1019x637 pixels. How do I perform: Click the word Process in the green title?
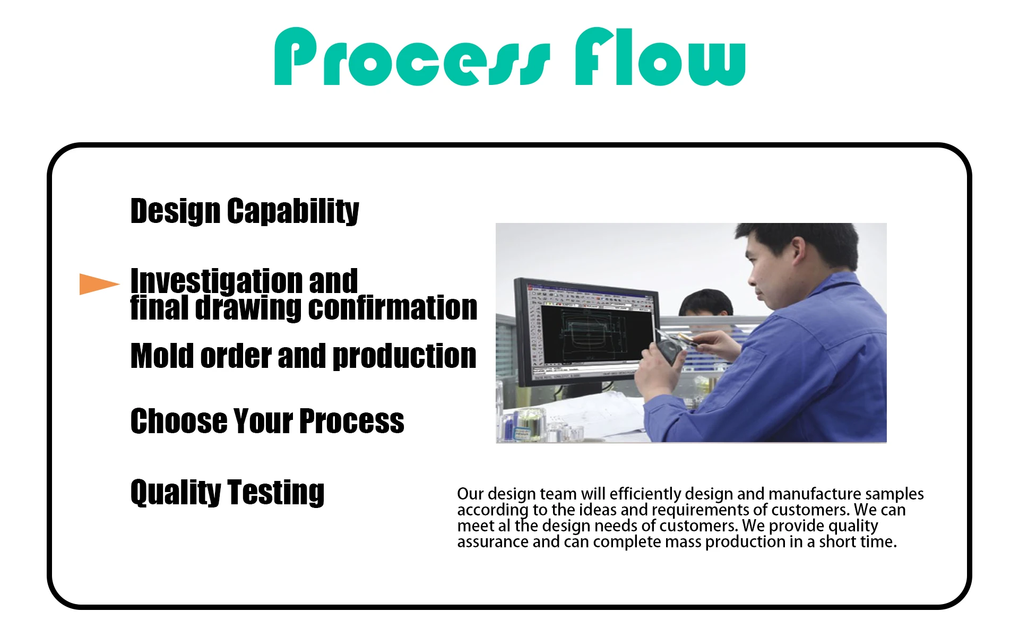(412, 56)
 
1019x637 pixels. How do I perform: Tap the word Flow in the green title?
(661, 56)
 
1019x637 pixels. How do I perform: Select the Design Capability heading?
(245, 211)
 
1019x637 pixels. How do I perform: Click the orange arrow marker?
(99, 284)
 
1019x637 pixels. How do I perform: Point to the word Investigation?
(214, 281)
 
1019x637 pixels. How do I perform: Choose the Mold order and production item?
(304, 356)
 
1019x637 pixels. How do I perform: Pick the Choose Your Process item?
(267, 421)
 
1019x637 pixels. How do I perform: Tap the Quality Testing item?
(227, 492)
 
